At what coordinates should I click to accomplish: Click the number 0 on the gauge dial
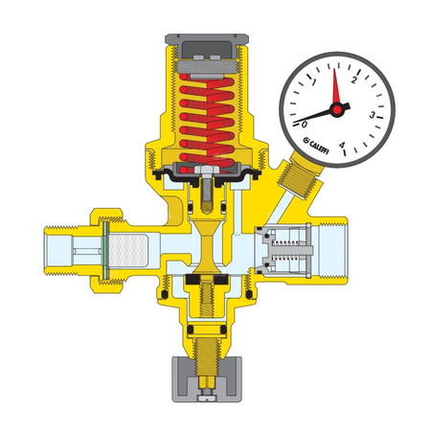[x=305, y=124]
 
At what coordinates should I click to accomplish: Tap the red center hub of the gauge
[x=335, y=109]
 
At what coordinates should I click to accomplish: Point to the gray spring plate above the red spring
[x=207, y=72]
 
